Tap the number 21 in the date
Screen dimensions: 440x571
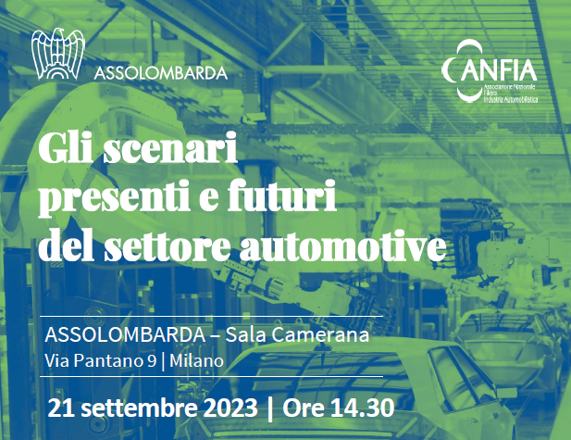(62, 407)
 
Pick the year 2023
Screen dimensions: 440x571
(233, 407)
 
